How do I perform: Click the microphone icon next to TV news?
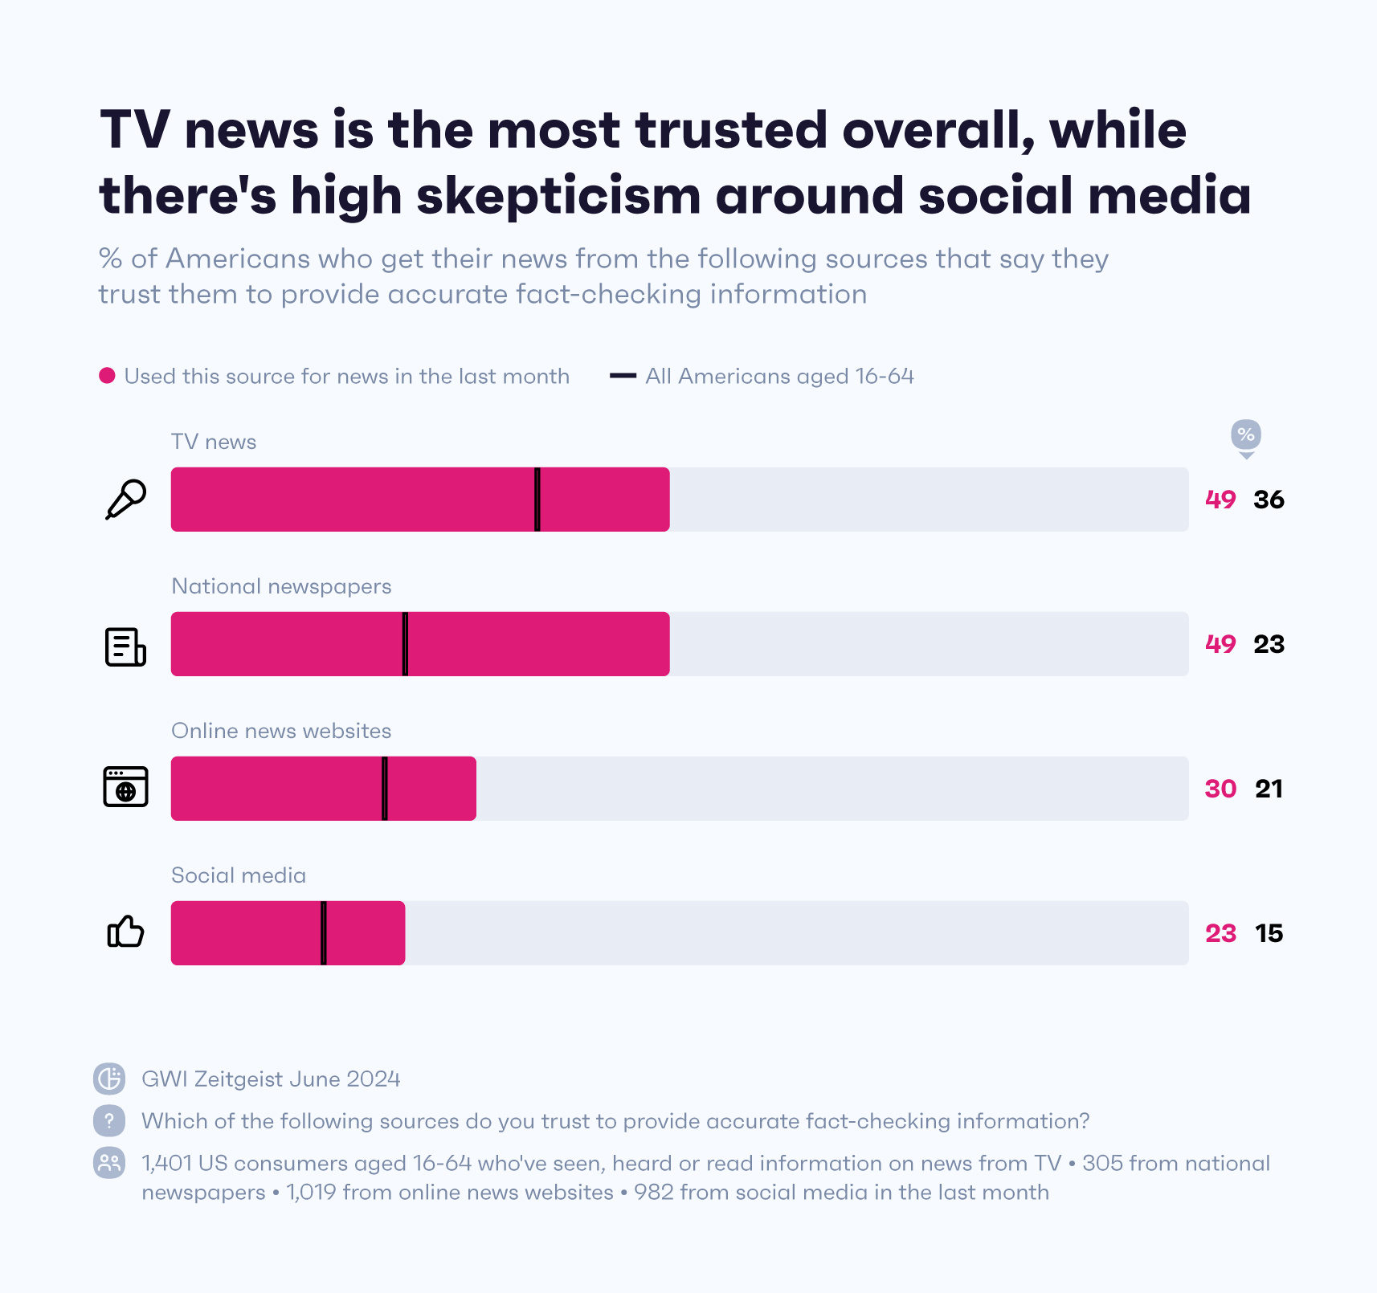point(126,500)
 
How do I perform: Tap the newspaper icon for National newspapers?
point(125,646)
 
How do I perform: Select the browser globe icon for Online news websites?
point(126,787)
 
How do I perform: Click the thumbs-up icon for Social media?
point(125,932)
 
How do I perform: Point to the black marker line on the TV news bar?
point(537,500)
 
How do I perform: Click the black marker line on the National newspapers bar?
point(405,644)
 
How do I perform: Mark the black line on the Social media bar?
point(324,933)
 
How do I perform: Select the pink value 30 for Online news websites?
point(1220,789)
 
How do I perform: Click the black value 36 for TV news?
point(1269,500)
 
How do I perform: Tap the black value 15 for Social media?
point(1269,933)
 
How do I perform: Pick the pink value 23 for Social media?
point(1220,933)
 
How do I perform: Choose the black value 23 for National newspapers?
point(1269,644)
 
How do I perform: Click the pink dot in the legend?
point(107,376)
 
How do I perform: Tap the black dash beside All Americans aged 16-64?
point(623,376)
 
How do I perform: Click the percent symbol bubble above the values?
point(1245,435)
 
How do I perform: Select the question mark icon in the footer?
point(109,1120)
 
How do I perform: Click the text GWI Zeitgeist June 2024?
point(271,1079)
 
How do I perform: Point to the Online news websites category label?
point(281,731)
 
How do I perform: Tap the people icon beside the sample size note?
point(109,1163)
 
